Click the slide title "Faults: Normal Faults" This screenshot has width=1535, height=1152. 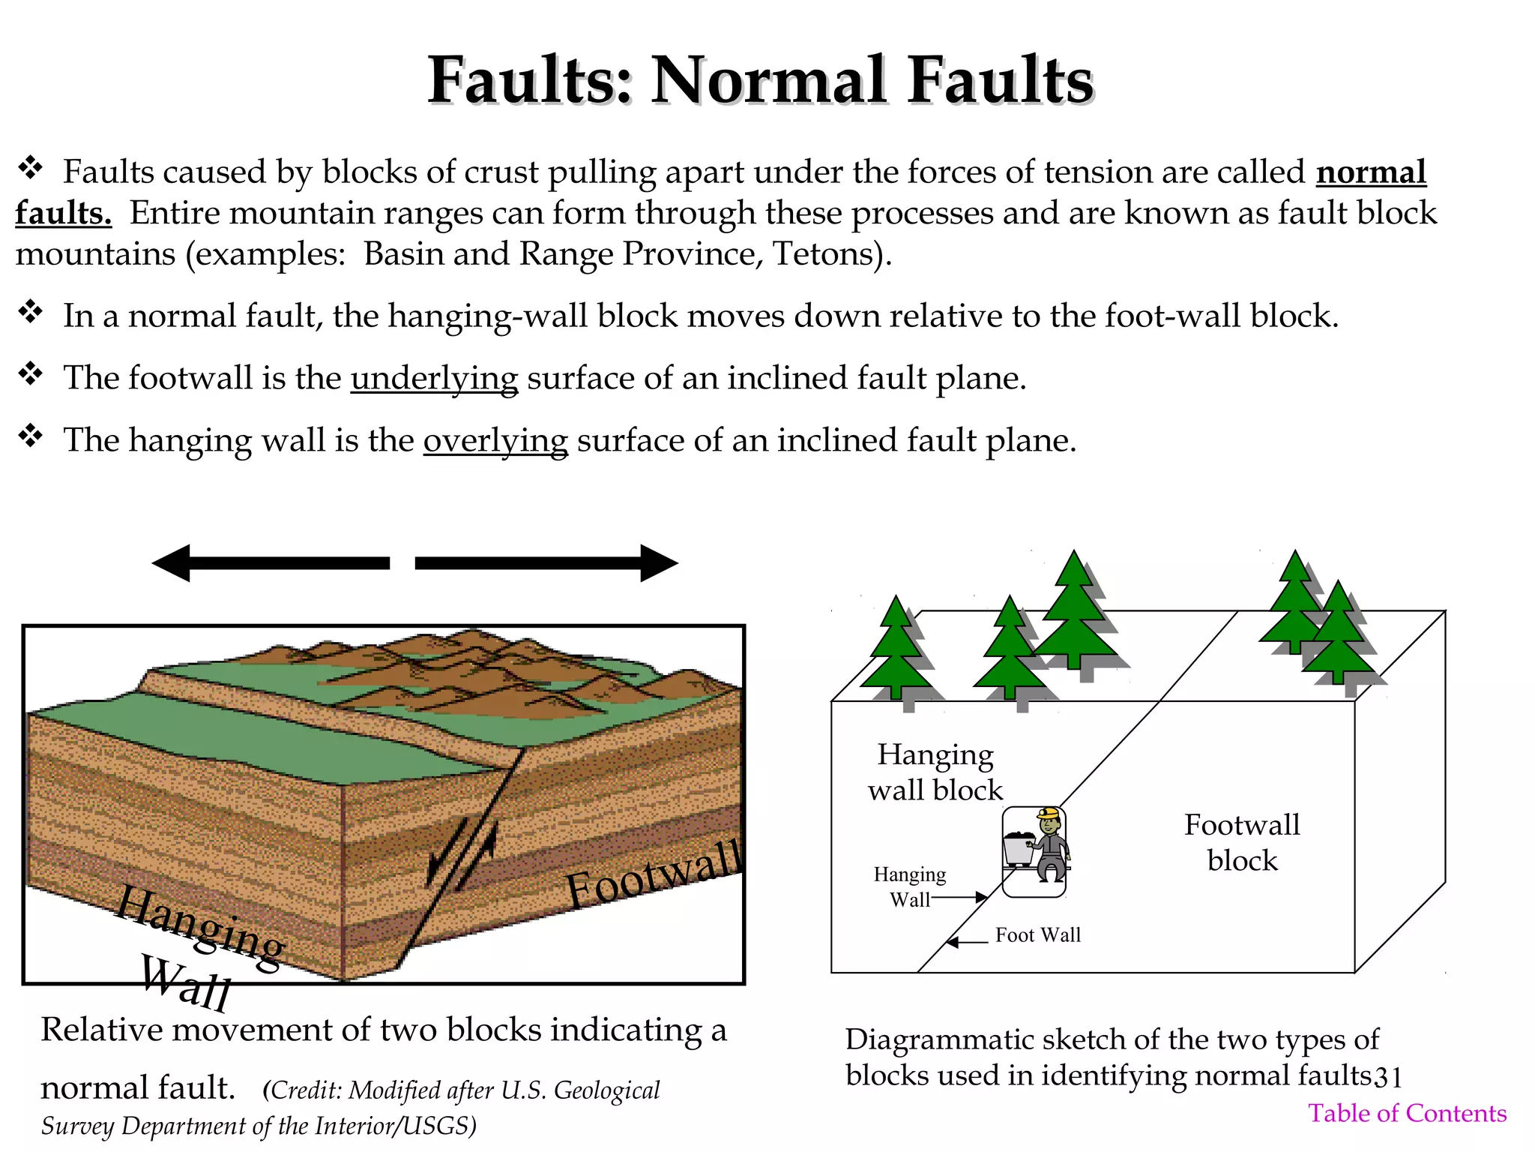[x=760, y=80]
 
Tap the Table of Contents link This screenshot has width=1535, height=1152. [x=1407, y=1113]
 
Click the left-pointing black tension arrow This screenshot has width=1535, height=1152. [x=270, y=563]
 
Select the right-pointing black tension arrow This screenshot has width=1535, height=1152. [x=546, y=563]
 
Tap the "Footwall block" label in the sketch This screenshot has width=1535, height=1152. [x=1242, y=842]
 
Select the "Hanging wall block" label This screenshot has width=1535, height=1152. [x=935, y=772]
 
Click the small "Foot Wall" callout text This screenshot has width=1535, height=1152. [x=1038, y=935]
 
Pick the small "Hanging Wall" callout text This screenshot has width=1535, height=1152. [x=910, y=886]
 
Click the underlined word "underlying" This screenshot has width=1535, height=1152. [x=434, y=378]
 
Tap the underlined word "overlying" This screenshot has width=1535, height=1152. [x=495, y=440]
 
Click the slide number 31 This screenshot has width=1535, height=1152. [x=1387, y=1077]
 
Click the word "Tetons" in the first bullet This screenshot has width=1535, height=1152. [x=822, y=254]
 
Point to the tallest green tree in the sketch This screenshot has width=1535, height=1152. [x=1075, y=611]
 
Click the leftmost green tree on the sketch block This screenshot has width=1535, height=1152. [x=896, y=649]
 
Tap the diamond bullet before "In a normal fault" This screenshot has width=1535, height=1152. [x=31, y=311]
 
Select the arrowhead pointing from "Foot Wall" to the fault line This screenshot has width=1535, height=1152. [x=953, y=943]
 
